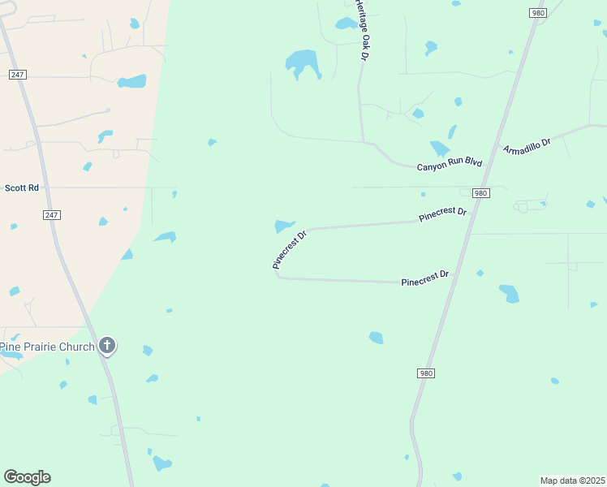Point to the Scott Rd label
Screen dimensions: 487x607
click(x=22, y=187)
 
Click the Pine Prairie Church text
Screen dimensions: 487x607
click(x=47, y=347)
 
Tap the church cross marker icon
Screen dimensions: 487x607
click(x=106, y=346)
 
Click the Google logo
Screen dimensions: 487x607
click(x=27, y=477)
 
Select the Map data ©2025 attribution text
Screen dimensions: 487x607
click(x=572, y=481)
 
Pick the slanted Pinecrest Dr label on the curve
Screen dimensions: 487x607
click(x=290, y=250)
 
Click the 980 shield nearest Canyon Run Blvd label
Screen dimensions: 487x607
click(x=480, y=193)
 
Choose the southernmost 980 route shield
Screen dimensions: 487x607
click(x=426, y=373)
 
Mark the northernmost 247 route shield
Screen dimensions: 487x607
click(x=18, y=74)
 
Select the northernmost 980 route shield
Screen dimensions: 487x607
click(x=537, y=13)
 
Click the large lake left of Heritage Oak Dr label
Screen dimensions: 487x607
click(x=302, y=62)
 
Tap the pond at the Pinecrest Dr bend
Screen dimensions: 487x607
click(x=283, y=226)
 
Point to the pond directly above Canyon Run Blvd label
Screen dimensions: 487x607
click(x=439, y=149)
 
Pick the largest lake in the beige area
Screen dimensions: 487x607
click(x=131, y=82)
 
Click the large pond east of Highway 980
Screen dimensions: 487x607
click(x=509, y=293)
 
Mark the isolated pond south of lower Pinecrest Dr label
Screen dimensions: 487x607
click(x=376, y=337)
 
